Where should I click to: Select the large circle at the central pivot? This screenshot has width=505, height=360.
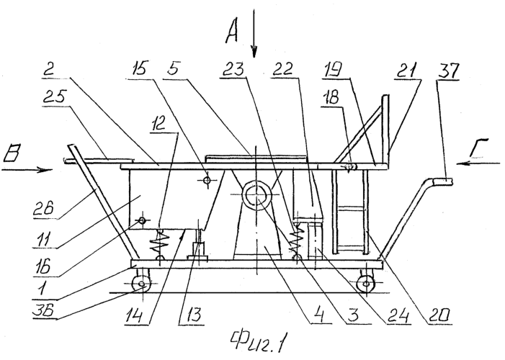tap(253, 194)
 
